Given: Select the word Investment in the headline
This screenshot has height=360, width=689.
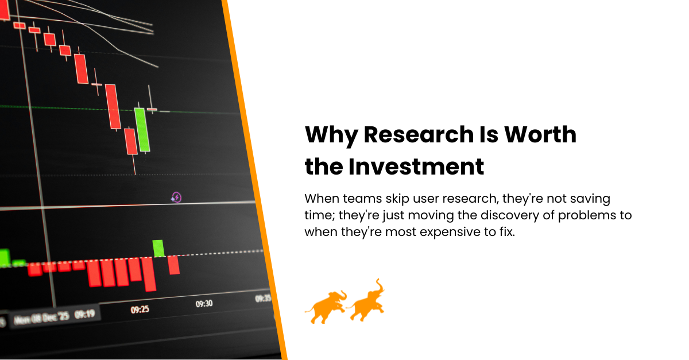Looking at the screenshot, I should (x=416, y=167).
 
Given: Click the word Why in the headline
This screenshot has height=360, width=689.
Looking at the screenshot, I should (x=330, y=134).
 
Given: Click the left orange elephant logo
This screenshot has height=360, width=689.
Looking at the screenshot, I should (x=325, y=307).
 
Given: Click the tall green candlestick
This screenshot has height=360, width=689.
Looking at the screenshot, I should (x=142, y=129).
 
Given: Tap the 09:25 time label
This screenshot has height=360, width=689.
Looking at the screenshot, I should (x=140, y=310).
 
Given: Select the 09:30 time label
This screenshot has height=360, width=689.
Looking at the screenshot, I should (x=204, y=304).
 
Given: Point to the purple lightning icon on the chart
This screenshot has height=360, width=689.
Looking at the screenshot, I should (x=177, y=198).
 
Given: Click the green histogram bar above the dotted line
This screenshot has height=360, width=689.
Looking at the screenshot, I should (x=158, y=248).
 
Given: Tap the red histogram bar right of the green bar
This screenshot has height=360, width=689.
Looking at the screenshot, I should (x=173, y=265).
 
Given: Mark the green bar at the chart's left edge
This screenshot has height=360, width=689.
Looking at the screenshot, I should (x=5, y=257).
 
